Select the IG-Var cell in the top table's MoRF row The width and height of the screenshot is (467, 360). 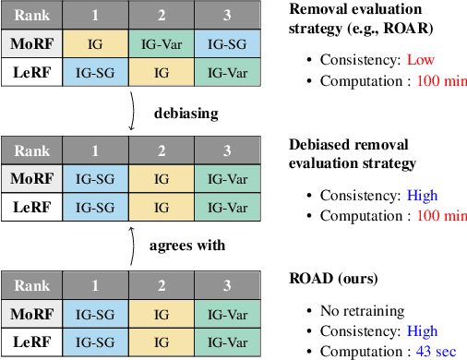click(162, 43)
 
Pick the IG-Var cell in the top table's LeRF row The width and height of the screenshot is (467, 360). click(227, 71)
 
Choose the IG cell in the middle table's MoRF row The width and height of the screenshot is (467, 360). click(162, 177)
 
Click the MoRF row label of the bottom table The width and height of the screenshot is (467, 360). click(31, 314)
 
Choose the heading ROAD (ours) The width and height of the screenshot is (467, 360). click(331, 277)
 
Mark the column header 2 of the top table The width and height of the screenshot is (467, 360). click(162, 17)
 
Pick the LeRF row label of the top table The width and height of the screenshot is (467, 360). click(31, 71)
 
